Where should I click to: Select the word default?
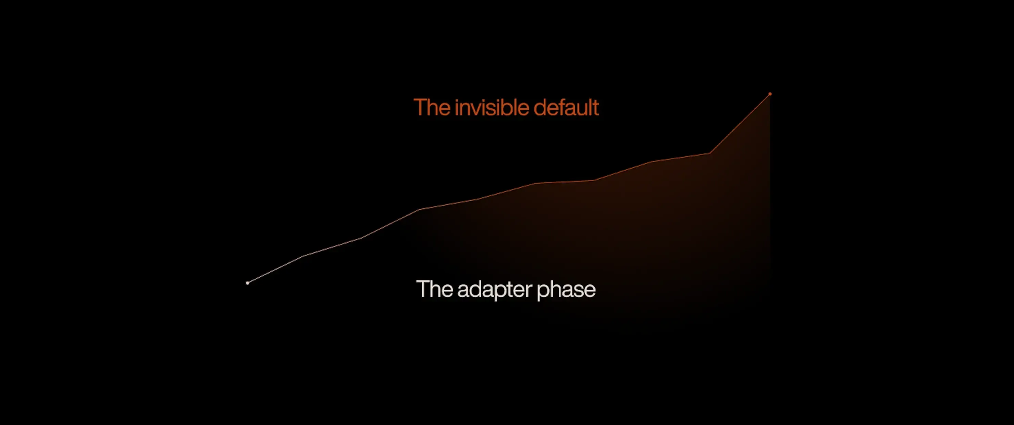pos(566,107)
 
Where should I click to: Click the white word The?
pos(435,289)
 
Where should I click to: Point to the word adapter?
pos(495,290)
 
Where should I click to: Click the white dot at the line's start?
pos(247,283)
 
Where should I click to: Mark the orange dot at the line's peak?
pos(770,94)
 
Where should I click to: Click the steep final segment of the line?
pos(740,123)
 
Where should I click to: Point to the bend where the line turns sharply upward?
pos(710,153)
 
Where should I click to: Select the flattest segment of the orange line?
pos(565,182)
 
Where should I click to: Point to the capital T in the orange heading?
pos(420,107)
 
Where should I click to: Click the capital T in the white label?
pos(422,289)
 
